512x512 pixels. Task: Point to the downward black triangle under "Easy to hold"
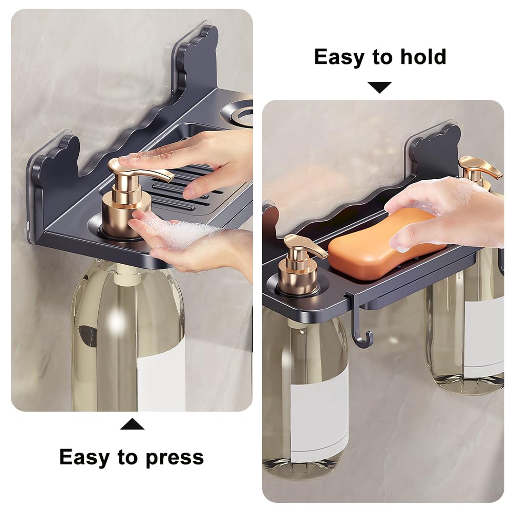pyautogui.click(x=379, y=88)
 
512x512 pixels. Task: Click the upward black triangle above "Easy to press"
pyautogui.click(x=132, y=424)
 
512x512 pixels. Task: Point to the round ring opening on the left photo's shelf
pyautogui.click(x=238, y=110)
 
